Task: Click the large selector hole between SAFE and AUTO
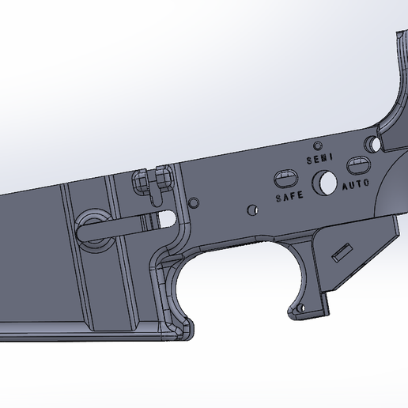[x=323, y=183]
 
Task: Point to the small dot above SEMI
[x=317, y=146]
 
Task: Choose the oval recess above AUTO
[x=357, y=165]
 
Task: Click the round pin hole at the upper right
[x=370, y=145]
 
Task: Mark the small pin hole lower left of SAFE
[x=251, y=210]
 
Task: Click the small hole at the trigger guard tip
[x=299, y=308]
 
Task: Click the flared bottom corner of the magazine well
[x=178, y=328]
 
